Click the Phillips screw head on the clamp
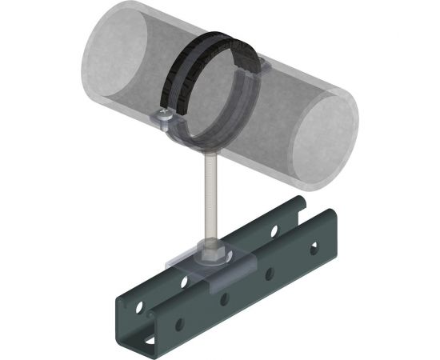tap(164, 118)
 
